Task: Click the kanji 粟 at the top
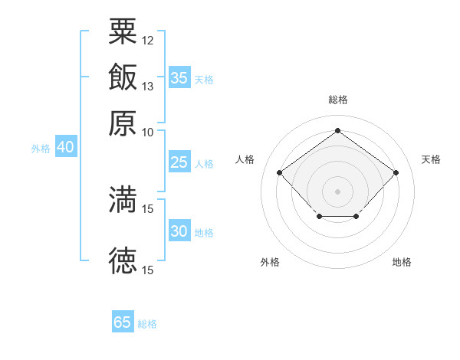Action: tap(123, 31)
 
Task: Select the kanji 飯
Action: tap(123, 77)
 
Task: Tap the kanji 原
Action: tap(123, 123)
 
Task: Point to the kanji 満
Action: tap(123, 199)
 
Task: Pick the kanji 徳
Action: tap(123, 260)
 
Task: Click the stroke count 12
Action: tap(147, 41)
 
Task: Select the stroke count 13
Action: tap(147, 87)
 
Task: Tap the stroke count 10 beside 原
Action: tap(147, 133)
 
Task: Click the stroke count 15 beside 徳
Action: tap(147, 270)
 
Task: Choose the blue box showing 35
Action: tap(179, 77)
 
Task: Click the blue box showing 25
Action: tap(179, 162)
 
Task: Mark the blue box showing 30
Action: tap(179, 230)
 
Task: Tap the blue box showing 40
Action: tap(66, 146)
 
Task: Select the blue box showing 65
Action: tap(123, 321)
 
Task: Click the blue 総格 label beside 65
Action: tap(147, 324)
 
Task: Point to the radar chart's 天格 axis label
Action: tap(431, 159)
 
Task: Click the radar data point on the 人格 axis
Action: tap(279, 172)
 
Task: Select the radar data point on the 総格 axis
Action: tap(337, 130)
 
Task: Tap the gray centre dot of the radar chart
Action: tap(337, 191)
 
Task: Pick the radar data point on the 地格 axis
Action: tap(356, 216)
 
